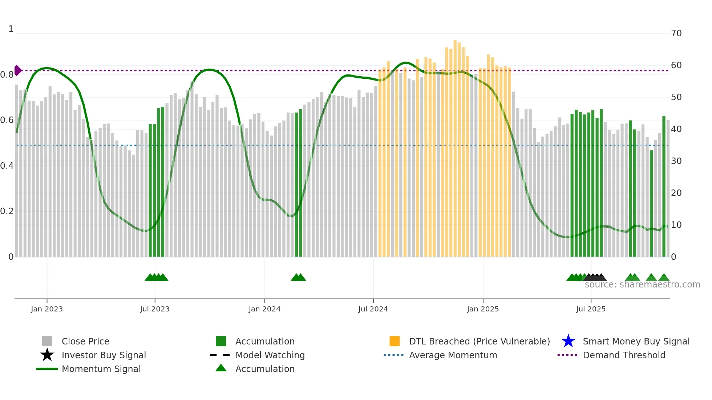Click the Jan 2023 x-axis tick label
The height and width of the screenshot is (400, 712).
coord(47,309)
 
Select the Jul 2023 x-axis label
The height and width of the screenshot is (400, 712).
coord(155,309)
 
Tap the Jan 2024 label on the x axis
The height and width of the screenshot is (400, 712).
coord(264,309)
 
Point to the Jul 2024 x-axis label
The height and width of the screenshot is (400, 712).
coord(373,309)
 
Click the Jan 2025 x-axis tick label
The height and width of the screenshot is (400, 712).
coord(483,309)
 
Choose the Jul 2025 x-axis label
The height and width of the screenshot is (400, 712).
coord(591,309)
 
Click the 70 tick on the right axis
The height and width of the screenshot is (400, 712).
coord(676,33)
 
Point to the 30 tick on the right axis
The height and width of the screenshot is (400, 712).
coord(676,161)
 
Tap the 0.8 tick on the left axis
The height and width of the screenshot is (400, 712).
coord(7,75)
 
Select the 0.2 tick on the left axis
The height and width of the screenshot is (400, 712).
coord(7,211)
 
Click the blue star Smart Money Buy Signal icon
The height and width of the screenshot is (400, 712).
coord(568,341)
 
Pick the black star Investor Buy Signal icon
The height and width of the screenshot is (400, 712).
coord(47,355)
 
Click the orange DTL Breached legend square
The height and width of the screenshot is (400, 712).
coord(395,341)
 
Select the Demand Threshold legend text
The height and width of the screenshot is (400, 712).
coord(624,355)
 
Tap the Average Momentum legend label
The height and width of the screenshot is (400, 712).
coord(453,355)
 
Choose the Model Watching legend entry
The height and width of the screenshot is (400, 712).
coord(270,355)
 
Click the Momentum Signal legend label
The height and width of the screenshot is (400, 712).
coord(101,369)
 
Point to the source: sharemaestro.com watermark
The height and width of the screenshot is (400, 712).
coord(642,285)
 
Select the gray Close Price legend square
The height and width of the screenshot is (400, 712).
coord(47,341)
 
